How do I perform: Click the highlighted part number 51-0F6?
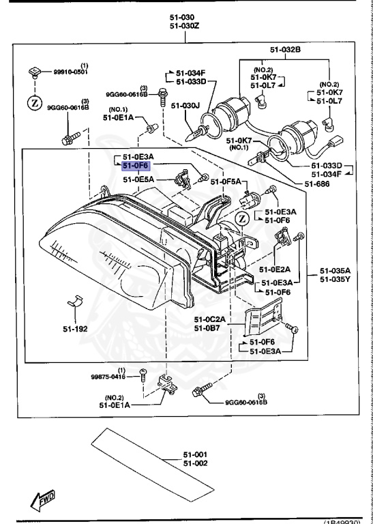(x=135, y=165)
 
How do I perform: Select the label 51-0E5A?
(x=138, y=179)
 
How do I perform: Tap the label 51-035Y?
(x=335, y=279)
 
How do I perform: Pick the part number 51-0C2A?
(x=208, y=319)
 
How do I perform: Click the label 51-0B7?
(x=205, y=328)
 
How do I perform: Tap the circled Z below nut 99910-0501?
(x=33, y=102)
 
